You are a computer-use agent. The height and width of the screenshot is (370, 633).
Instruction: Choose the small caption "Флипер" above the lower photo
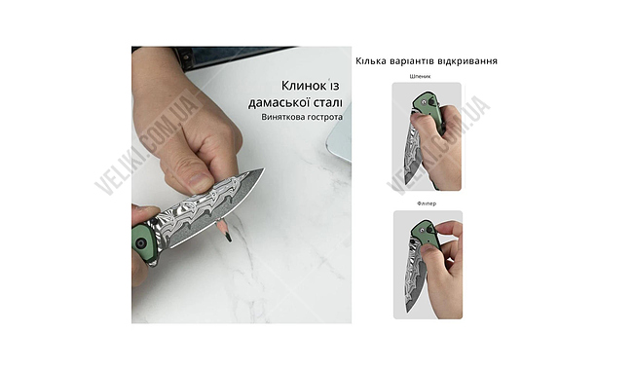click(x=428, y=204)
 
